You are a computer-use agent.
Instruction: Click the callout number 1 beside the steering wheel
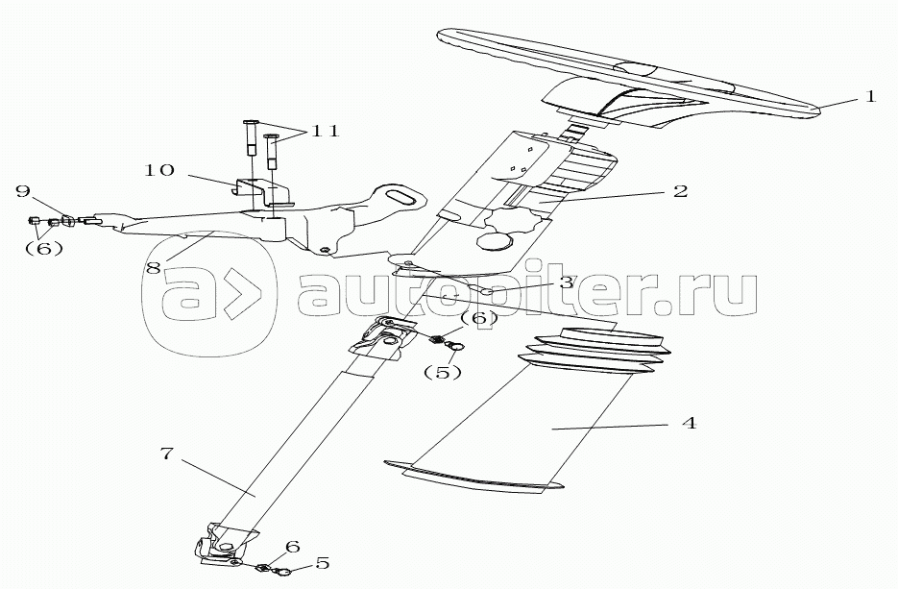870,96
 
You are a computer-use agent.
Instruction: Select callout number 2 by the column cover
680,191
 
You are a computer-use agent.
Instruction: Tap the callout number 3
566,282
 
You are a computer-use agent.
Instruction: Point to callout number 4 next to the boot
690,423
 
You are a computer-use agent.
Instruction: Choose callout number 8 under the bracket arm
153,267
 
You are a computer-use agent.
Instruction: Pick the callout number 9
23,191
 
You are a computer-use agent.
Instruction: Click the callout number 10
159,170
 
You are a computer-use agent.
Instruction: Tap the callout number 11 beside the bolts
325,132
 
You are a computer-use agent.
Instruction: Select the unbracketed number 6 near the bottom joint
292,547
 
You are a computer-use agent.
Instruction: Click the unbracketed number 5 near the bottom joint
322,563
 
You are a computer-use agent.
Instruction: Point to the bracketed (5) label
442,373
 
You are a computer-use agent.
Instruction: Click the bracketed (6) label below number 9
43,249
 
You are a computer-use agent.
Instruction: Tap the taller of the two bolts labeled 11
251,137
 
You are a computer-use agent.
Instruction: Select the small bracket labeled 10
264,192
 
